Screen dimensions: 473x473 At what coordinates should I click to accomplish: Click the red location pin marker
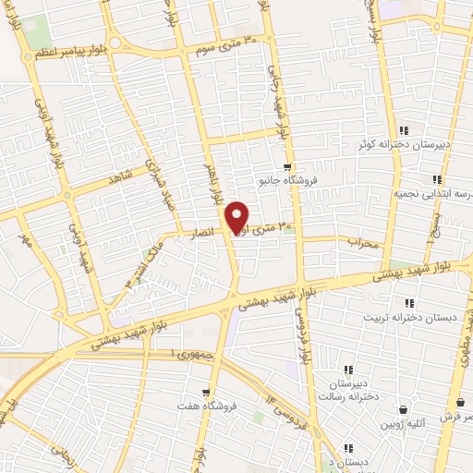[237, 216]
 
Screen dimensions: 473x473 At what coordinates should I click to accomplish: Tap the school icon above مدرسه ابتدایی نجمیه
[437, 180]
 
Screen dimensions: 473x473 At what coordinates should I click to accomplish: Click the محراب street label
[363, 244]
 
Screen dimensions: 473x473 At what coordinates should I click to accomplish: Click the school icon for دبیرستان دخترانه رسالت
[348, 368]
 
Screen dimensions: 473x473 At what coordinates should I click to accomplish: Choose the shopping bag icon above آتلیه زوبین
[404, 409]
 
